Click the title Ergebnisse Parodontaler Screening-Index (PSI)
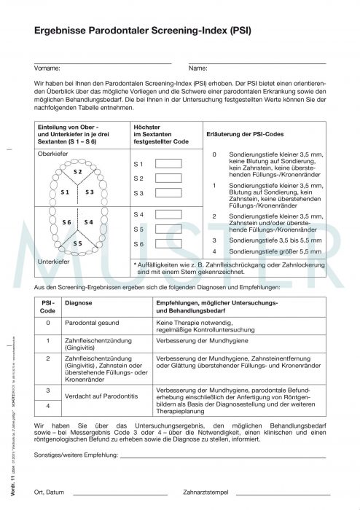pos(143,32)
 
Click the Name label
pos(198,68)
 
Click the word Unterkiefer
pos(53,261)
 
